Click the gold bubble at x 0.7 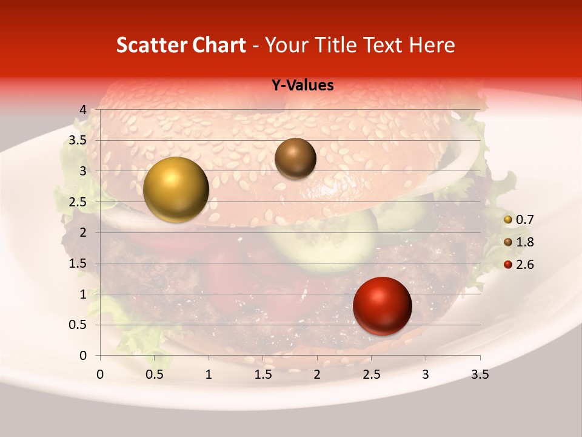(176, 189)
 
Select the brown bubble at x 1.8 (295, 158)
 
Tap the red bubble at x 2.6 (382, 306)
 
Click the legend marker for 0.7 (508, 220)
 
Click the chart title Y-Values (302, 86)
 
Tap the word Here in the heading (432, 45)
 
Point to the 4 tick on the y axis (82, 110)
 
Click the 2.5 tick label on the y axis (78, 202)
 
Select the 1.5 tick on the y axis (78, 263)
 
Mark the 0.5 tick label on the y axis (78, 325)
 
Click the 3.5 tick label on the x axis (480, 374)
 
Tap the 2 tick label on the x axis (317, 374)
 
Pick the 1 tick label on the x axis (209, 374)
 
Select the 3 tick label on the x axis (426, 374)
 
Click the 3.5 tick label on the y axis (78, 141)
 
